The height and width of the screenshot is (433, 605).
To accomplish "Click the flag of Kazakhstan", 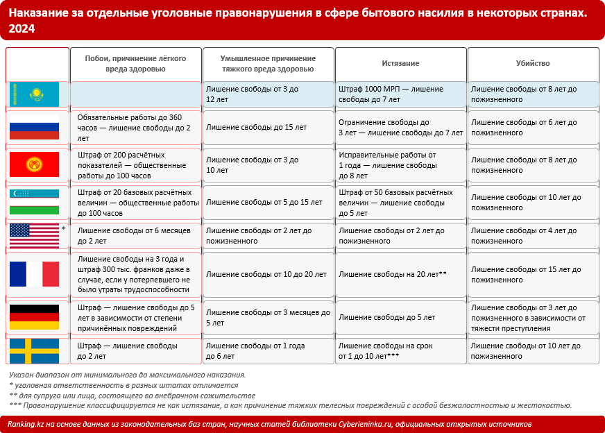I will coord(34,94).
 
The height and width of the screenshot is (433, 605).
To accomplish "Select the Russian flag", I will coord(34,128).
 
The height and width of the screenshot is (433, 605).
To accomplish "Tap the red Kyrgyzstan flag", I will coord(34,164).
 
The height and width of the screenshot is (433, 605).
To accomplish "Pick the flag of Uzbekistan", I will coord(34,201).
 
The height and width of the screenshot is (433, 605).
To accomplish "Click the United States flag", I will coord(34,235).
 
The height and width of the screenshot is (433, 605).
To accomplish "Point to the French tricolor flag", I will coord(34,274).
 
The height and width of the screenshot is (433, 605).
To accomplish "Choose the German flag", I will coord(34,317).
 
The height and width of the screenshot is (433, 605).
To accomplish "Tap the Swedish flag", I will coord(34,350).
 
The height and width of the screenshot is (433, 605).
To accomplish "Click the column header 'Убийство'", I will coord(533,63).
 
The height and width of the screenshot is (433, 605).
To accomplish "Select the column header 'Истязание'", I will coord(400,63).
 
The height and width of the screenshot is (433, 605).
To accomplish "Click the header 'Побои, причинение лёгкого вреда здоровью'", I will coord(135,64).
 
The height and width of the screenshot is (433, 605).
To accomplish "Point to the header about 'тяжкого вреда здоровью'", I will coord(268,64).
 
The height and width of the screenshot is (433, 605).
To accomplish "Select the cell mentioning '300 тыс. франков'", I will coord(135,274).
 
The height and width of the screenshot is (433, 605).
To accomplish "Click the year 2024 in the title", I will coord(21,28).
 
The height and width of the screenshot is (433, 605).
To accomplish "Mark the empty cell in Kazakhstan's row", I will coord(135,94).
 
